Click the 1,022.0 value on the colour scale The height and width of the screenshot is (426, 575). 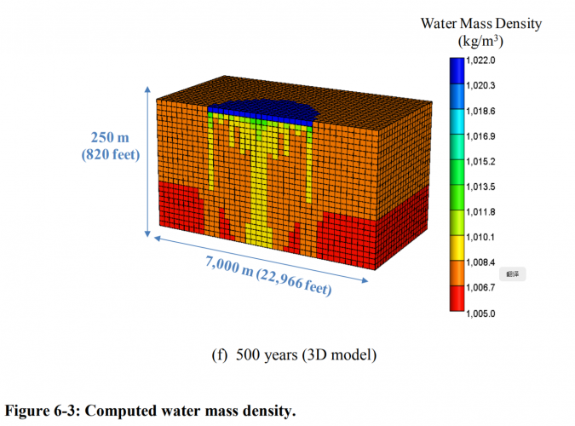click(x=480, y=60)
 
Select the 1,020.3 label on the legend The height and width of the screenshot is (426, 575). click(x=480, y=86)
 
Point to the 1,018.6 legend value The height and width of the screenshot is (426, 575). click(x=480, y=111)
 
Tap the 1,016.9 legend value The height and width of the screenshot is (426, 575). click(x=480, y=136)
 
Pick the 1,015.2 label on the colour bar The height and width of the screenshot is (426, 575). click(x=480, y=161)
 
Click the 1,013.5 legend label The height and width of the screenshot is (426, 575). click(x=480, y=187)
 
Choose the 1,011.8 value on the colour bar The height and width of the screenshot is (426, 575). click(x=480, y=212)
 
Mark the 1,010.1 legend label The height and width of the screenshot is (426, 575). click(x=480, y=237)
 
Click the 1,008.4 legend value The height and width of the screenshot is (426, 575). click(x=480, y=262)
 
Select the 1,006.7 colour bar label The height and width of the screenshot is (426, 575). click(x=480, y=288)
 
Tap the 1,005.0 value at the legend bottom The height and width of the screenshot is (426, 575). click(x=480, y=313)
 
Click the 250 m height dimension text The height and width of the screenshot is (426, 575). click(x=112, y=137)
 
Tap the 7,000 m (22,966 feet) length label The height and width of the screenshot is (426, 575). click(x=267, y=274)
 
